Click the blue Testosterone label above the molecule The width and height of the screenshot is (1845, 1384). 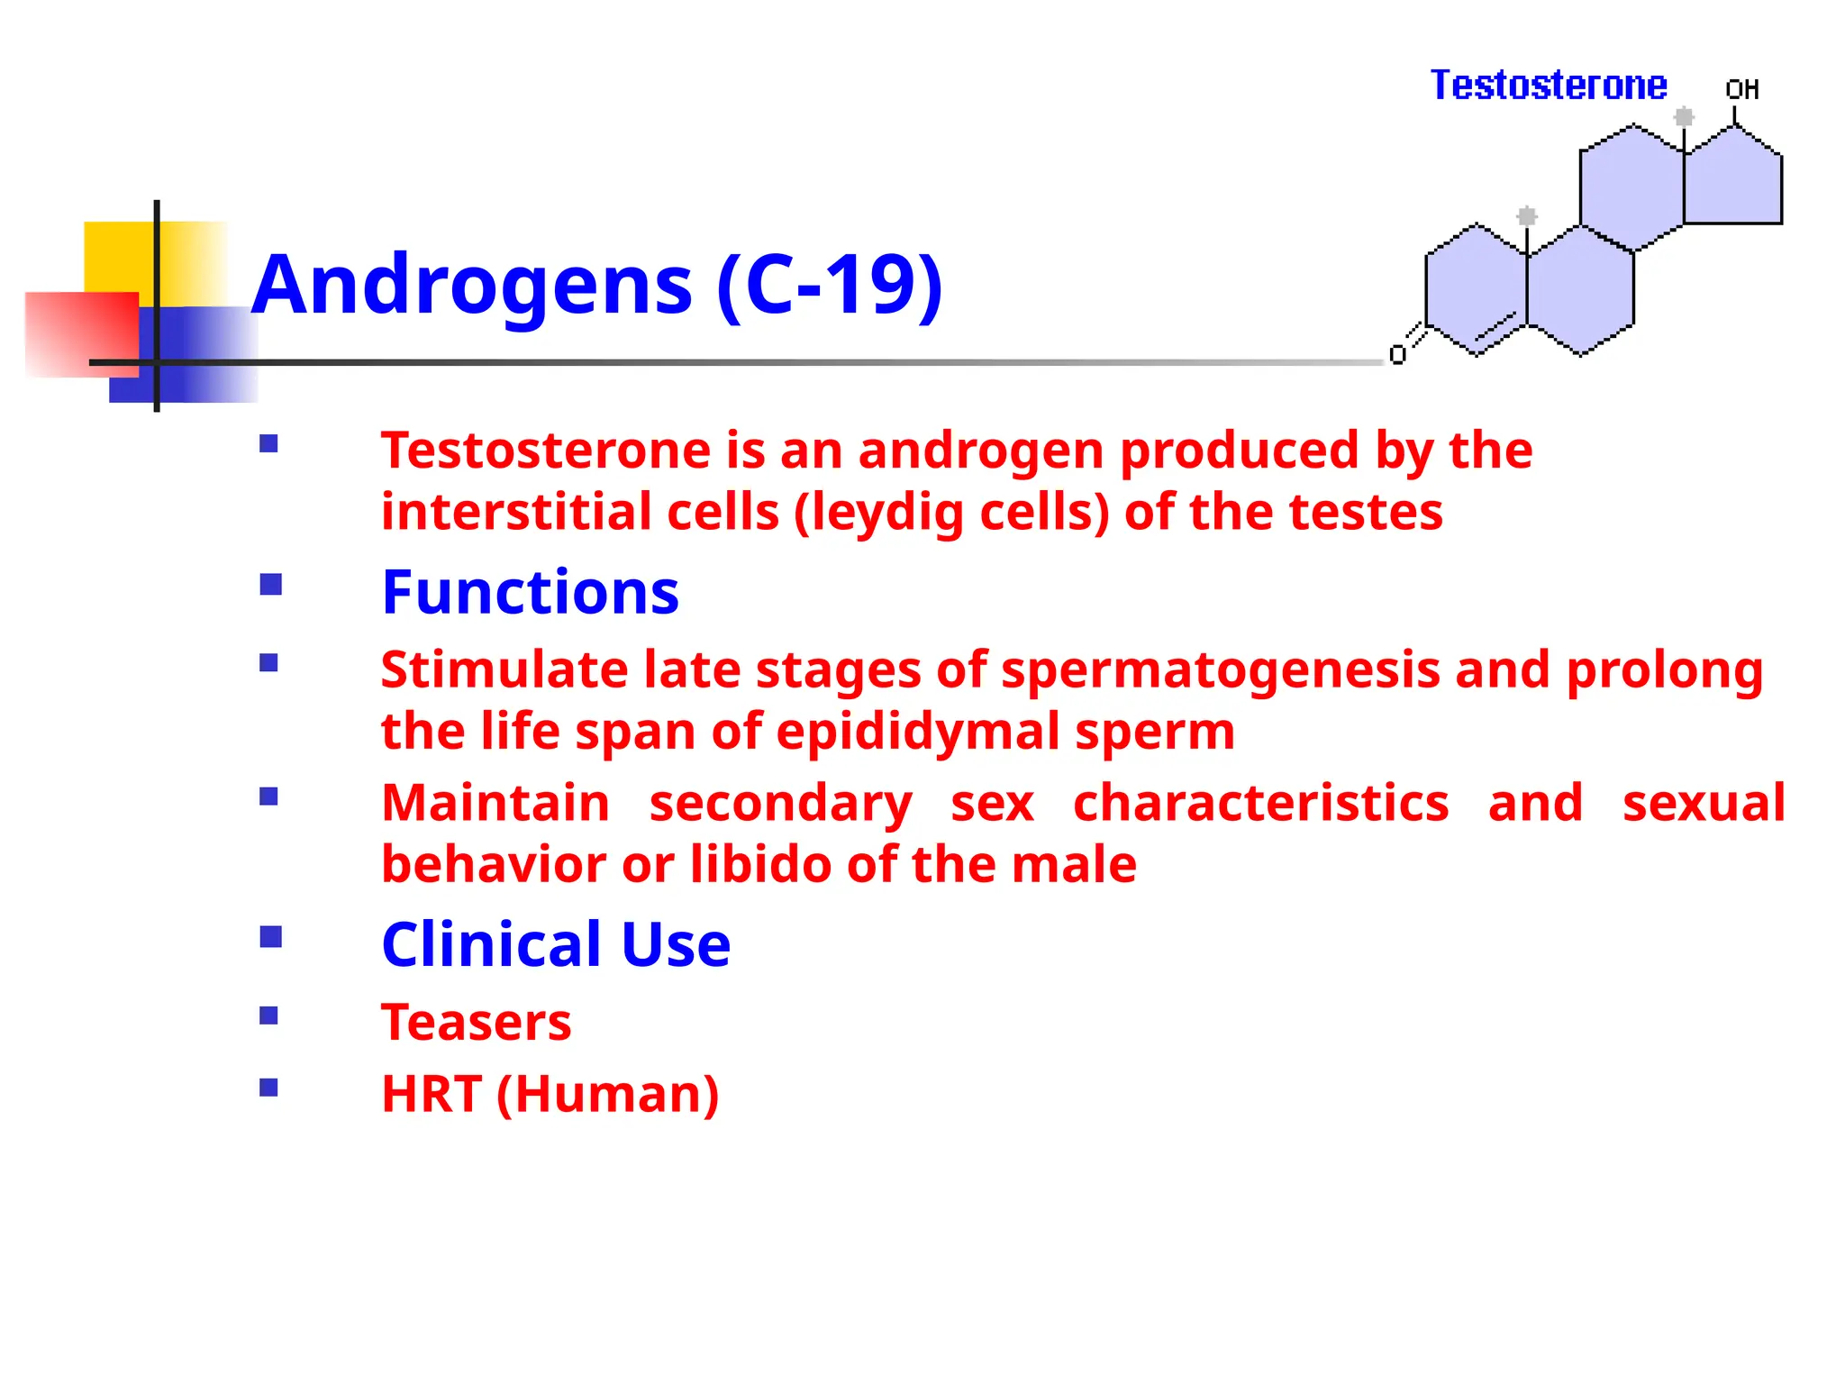click(1548, 86)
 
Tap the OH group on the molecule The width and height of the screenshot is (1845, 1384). click(1741, 89)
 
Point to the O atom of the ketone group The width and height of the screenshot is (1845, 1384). click(1397, 355)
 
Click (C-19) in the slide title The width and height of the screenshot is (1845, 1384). click(830, 286)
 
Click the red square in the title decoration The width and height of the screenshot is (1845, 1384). click(81, 333)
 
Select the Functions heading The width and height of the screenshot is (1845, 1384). click(530, 593)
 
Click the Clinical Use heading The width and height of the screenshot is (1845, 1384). click(556, 944)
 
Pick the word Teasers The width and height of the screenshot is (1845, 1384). click(476, 1023)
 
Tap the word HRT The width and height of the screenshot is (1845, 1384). click(431, 1094)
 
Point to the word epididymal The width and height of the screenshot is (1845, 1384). click(917, 732)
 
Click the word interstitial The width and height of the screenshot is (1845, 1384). click(516, 512)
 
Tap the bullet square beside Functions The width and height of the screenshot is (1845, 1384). click(270, 586)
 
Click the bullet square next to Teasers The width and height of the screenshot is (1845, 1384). click(268, 1016)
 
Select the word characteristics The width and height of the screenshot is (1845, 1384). click(1261, 802)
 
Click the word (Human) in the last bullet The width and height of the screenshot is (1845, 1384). click(608, 1094)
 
